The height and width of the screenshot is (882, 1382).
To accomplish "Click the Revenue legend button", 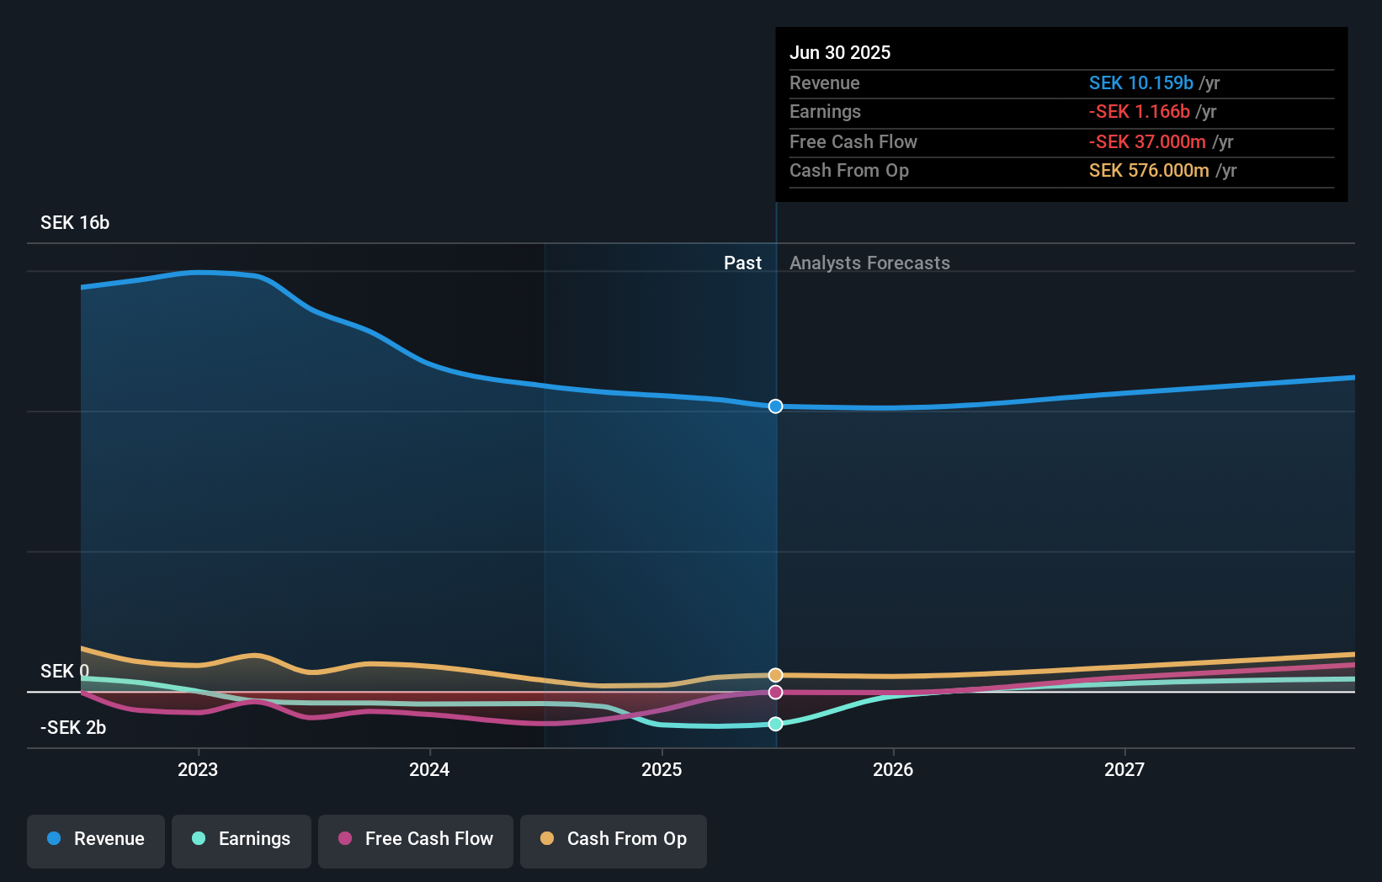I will point(96,839).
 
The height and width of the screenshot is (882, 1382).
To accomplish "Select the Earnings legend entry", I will point(242,839).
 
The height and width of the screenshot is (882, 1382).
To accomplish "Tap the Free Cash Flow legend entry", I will point(416,839).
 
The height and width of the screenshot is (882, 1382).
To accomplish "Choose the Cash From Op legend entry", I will point(614,839).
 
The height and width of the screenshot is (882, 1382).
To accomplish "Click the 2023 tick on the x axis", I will point(198,769).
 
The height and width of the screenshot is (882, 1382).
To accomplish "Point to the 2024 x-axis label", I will point(429,769).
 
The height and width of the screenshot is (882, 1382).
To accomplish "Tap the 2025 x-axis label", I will point(662,769).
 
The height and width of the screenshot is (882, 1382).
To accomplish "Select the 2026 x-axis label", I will point(893,769).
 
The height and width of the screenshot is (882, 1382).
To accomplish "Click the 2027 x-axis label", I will point(1124,769).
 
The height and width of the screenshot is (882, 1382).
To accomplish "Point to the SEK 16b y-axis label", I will point(75,222).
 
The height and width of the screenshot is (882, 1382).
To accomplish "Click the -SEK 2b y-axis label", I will point(73,727).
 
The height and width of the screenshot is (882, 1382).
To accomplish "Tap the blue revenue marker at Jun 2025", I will point(775,406).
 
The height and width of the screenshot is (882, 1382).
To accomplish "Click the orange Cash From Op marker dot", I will point(775,675).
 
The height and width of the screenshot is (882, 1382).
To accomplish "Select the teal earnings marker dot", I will point(775,724).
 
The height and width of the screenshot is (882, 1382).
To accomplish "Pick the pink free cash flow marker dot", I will point(775,692).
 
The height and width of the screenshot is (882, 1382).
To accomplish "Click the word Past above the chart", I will point(742,263).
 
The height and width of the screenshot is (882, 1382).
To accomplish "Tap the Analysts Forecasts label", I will point(869,263).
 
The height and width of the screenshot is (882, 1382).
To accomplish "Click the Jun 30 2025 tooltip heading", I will point(840,52).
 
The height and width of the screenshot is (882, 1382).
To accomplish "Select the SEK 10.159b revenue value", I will point(1140,82).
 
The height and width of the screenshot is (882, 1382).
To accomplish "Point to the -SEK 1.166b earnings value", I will point(1139,112).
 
